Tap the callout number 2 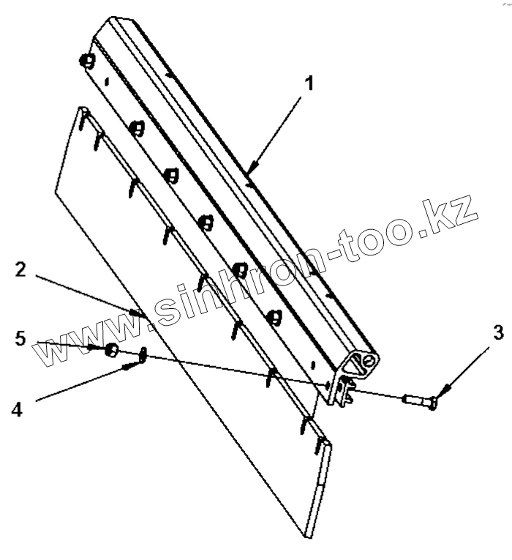pos(21,270)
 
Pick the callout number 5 pos(21,339)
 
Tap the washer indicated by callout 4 pos(143,355)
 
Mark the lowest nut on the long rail pos(274,317)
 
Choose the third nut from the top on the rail pos(172,175)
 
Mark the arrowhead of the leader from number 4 pos(132,365)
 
